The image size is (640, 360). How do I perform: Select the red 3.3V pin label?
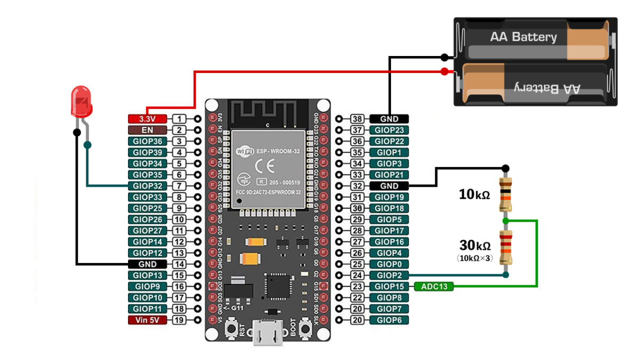[x=147, y=119]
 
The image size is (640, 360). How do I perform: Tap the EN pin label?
[x=147, y=130]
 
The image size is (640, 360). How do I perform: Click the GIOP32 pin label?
[x=147, y=186]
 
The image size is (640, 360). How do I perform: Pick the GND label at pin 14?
[x=147, y=264]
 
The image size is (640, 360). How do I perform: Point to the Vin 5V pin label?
[x=147, y=320]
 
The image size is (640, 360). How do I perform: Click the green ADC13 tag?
[x=434, y=287]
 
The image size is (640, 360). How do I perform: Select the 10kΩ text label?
[x=474, y=195]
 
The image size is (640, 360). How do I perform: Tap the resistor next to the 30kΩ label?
[x=506, y=247]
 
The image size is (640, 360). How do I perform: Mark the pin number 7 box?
[x=180, y=186]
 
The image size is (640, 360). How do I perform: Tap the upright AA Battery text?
[x=523, y=37]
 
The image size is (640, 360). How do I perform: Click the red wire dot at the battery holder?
[x=444, y=71]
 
